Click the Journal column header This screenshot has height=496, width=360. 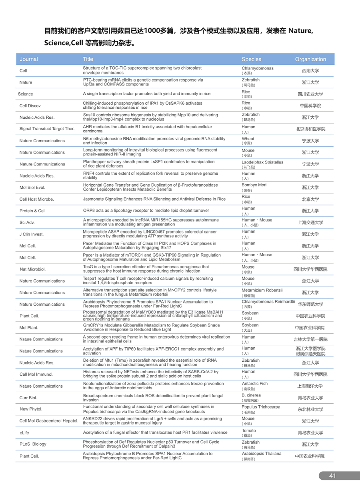[29, 59]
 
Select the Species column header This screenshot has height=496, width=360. [251, 59]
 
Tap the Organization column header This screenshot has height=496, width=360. [310, 59]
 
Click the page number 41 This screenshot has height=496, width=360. [332, 476]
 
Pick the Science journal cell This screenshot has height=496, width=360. [26, 94]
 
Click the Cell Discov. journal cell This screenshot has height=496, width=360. [30, 106]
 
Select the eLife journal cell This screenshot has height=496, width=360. [24, 433]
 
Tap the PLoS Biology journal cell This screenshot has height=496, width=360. [33, 444]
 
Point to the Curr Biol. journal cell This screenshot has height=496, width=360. [28, 398]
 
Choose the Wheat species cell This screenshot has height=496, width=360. [248, 139]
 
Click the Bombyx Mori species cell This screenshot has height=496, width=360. [254, 185]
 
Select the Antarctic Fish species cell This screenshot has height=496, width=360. [255, 384]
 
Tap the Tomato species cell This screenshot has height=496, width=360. [249, 431]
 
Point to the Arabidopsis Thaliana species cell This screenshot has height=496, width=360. [262, 454]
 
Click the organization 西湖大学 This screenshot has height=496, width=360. [310, 71]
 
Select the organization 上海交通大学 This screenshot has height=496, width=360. [310, 223]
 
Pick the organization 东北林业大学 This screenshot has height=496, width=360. [310, 410]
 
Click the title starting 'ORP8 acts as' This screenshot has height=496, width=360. [146, 211]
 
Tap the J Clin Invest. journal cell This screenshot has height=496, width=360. [32, 234]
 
